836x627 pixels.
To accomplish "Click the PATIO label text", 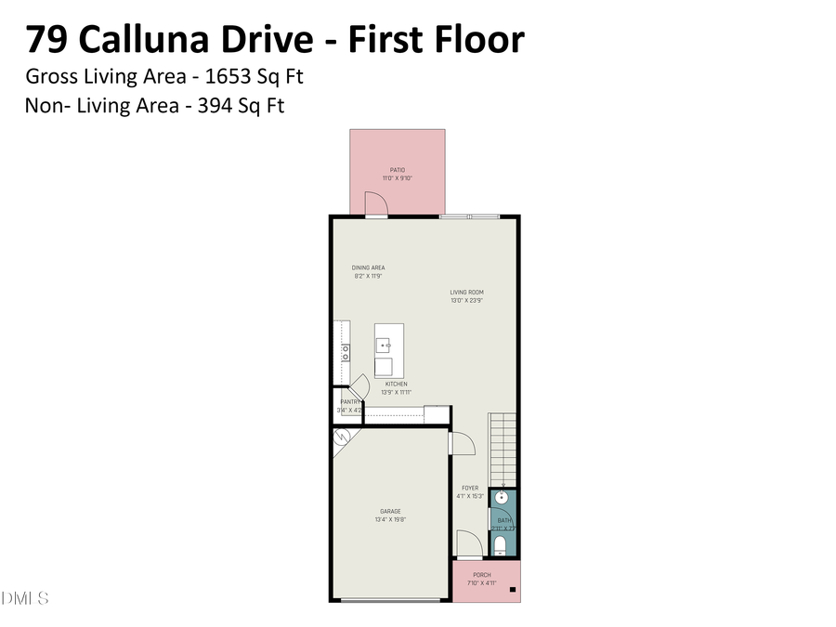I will (x=397, y=170).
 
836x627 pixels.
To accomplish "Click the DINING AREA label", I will (x=368, y=268).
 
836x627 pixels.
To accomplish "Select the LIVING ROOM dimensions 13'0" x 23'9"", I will (x=466, y=301).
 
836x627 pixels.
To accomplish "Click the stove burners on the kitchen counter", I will (x=345, y=352).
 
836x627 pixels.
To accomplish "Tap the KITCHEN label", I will (x=397, y=384).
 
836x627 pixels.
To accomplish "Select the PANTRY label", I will (x=349, y=401).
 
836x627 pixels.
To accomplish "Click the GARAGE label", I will (x=390, y=511).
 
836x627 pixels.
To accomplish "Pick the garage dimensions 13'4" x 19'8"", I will (x=390, y=519).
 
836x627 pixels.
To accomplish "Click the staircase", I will (x=502, y=446).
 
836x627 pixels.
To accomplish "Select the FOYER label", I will (x=470, y=488).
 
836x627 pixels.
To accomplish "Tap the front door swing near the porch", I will (x=468, y=544).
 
